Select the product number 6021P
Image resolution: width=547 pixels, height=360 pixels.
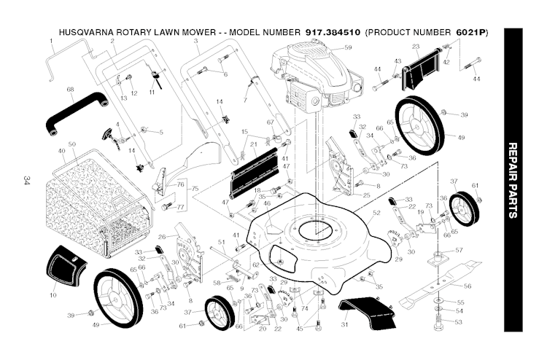point(471,34)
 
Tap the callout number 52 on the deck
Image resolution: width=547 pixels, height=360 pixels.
point(377,214)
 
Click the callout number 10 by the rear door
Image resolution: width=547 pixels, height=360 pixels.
point(53,294)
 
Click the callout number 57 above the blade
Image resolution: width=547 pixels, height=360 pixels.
point(459,250)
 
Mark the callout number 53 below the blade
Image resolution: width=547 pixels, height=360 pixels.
point(459,321)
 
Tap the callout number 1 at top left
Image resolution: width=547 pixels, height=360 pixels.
point(52,42)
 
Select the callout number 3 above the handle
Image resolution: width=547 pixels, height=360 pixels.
point(196,42)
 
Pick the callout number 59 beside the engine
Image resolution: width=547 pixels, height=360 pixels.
point(348,47)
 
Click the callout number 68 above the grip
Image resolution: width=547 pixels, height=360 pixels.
point(71,89)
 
